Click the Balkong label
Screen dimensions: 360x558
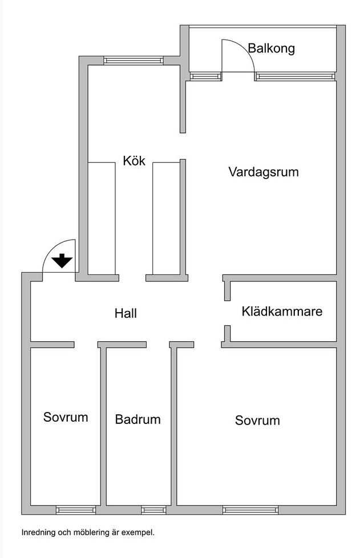click(271, 48)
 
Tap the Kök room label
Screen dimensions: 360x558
click(134, 160)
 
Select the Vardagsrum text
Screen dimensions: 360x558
click(264, 172)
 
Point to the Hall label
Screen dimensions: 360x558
click(126, 313)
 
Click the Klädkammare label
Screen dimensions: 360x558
click(282, 312)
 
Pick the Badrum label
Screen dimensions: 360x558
click(137, 419)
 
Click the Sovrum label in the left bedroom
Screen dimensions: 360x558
click(66, 417)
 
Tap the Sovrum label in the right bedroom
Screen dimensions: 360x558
click(257, 420)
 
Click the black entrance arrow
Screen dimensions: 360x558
click(62, 261)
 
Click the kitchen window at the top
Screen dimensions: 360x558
click(134, 60)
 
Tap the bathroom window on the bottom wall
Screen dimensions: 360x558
click(153, 510)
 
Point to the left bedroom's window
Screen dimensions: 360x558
click(76, 510)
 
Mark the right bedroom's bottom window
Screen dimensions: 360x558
click(250, 510)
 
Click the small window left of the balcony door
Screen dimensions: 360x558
click(205, 76)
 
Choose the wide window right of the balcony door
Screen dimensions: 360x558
click(296, 76)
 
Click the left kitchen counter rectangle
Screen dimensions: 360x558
click(102, 218)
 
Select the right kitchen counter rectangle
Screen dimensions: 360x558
click(166, 218)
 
